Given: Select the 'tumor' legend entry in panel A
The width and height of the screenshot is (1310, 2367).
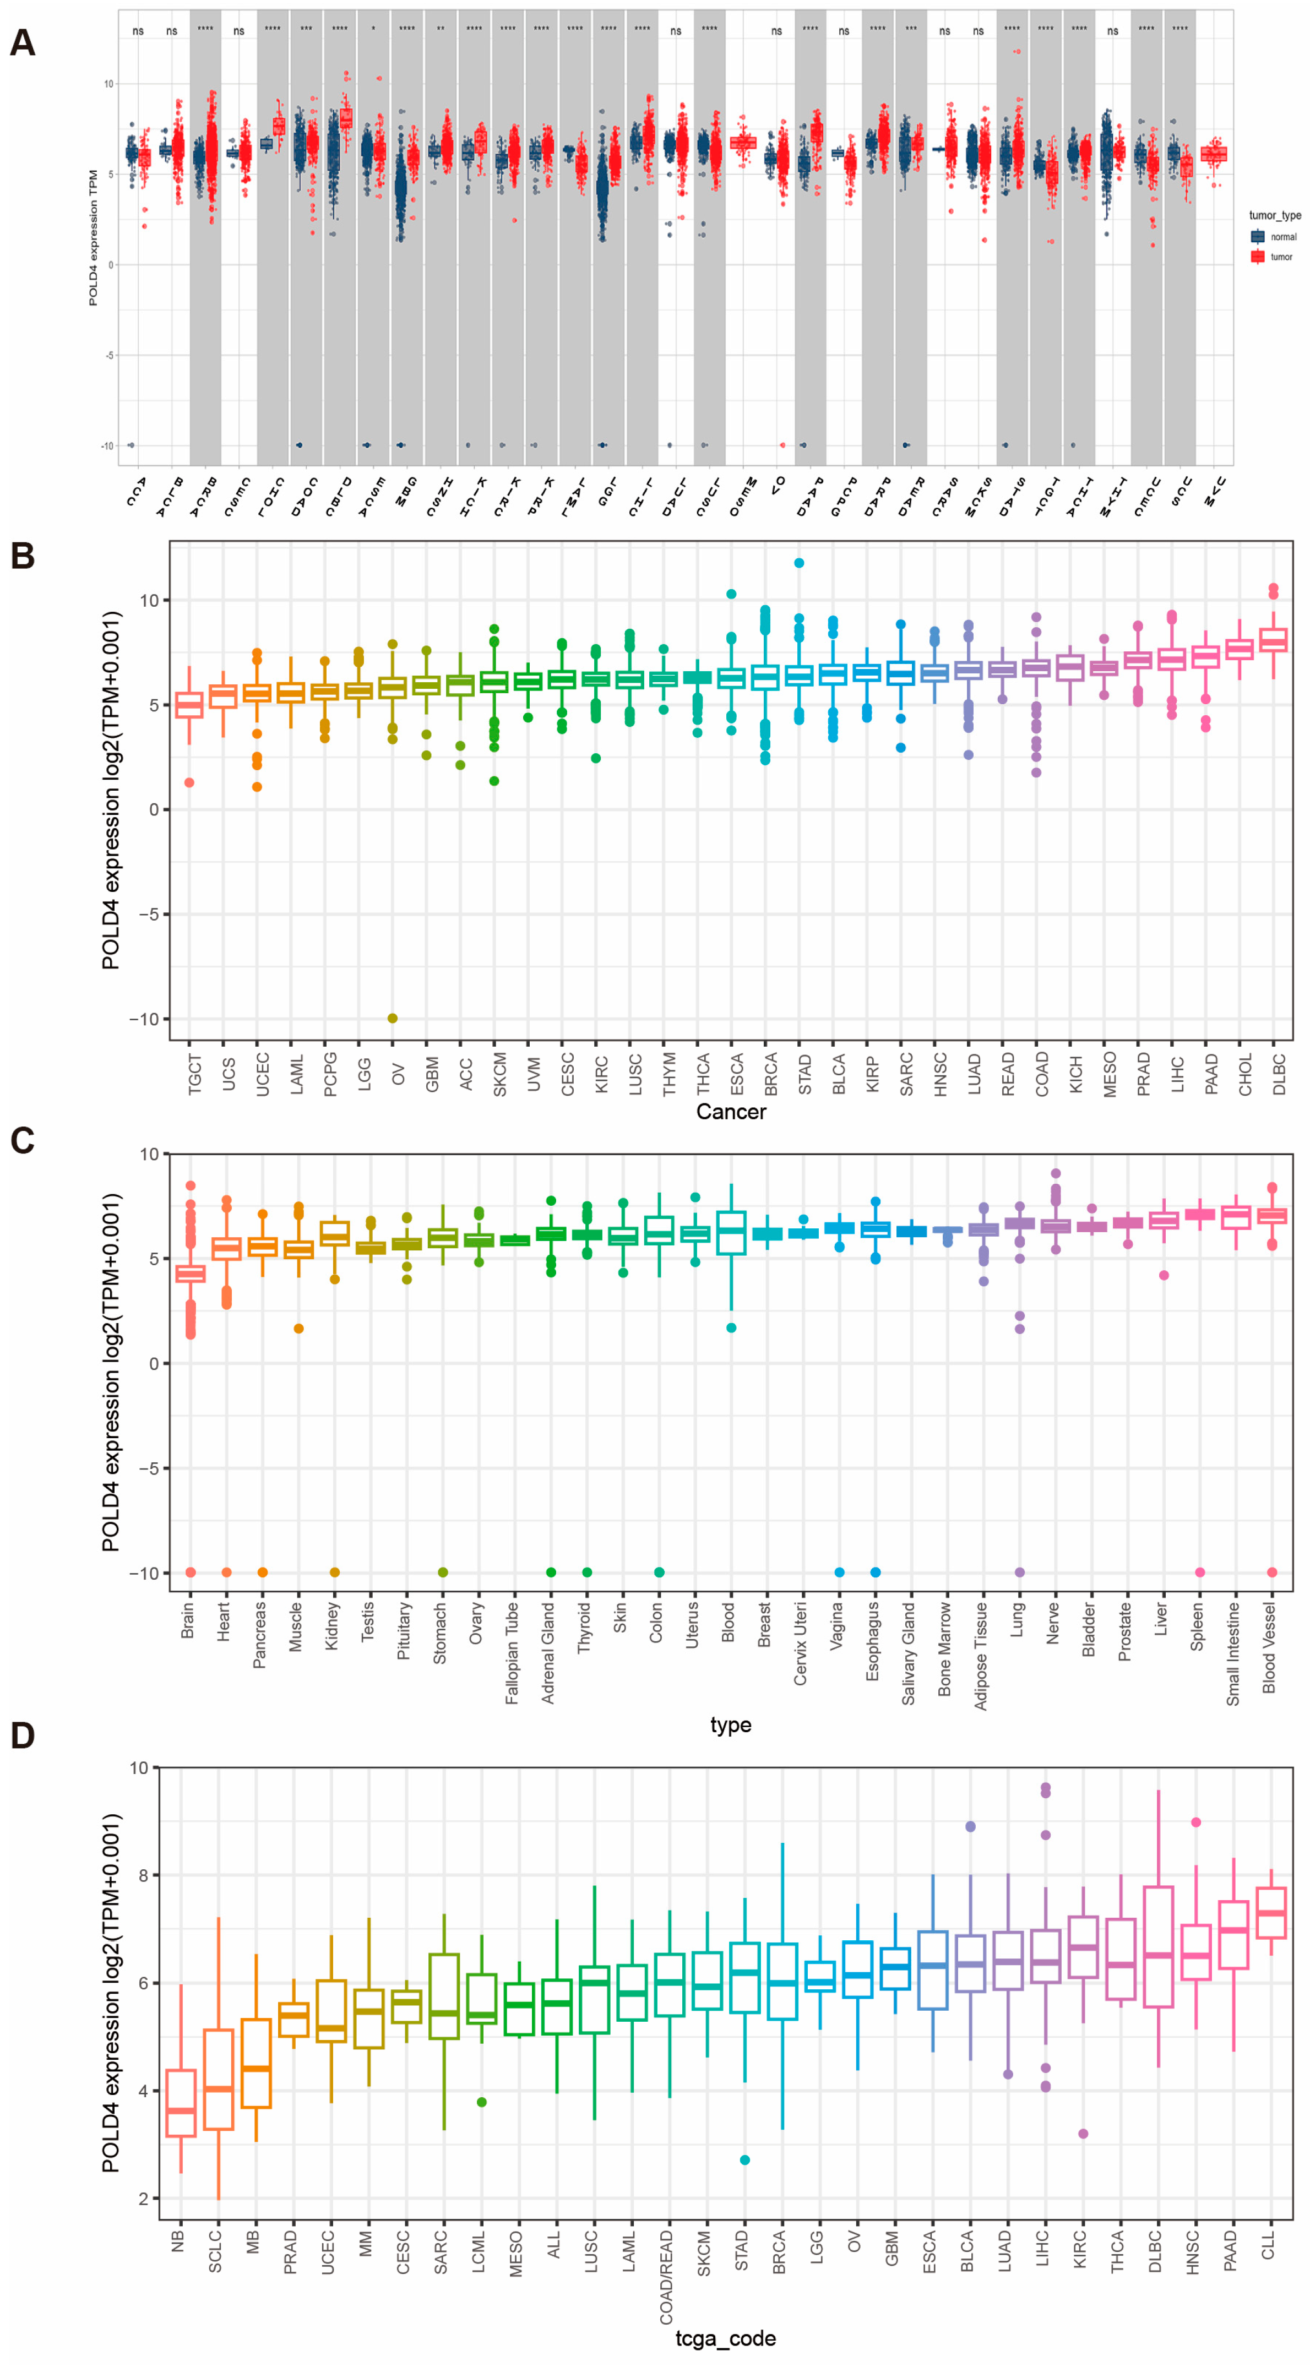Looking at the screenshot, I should pyautogui.click(x=1281, y=257).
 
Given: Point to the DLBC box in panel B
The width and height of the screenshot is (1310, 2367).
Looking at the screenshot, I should pyautogui.click(x=1273, y=640).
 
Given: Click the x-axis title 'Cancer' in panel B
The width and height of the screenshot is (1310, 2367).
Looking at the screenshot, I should pyautogui.click(x=730, y=1112).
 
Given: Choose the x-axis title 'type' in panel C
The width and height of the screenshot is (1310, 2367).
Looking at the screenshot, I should pyautogui.click(x=730, y=1724).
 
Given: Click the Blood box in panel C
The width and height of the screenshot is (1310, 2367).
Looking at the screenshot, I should pyautogui.click(x=731, y=1232).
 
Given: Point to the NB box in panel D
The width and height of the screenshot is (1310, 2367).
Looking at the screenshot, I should pyautogui.click(x=181, y=2103).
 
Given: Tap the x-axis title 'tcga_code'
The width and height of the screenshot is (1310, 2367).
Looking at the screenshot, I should pyautogui.click(x=725, y=2338).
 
